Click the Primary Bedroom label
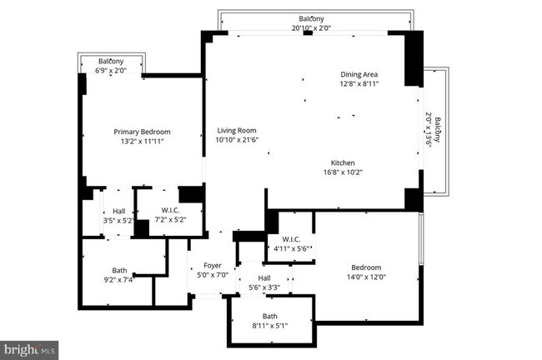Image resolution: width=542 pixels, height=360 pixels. [x=143, y=132]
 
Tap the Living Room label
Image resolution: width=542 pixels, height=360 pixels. [x=237, y=131]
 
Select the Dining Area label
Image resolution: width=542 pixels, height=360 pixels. [x=359, y=74]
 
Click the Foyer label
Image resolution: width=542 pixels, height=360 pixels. [x=213, y=265]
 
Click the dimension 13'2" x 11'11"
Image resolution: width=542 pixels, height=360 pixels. [x=143, y=142]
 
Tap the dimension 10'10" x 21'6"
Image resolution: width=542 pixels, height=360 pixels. [x=237, y=141]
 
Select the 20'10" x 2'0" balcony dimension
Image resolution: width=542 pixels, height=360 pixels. [x=312, y=27]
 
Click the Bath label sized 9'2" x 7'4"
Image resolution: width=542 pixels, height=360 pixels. [x=120, y=270]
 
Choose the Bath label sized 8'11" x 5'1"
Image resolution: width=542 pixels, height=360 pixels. [x=270, y=316]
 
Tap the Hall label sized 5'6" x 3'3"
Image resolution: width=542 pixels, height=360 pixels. [x=264, y=278]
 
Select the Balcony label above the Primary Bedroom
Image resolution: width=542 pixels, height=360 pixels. [x=111, y=62]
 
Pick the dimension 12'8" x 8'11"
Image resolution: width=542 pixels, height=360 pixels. [x=359, y=83]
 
